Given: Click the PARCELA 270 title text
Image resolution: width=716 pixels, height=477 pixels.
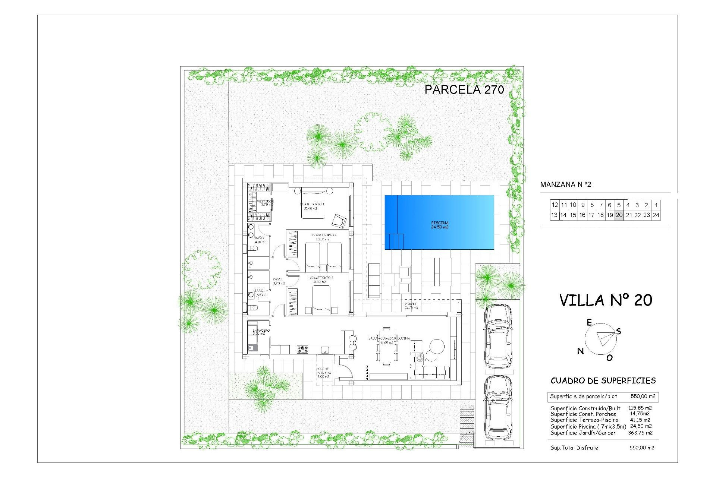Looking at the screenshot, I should pos(464,89).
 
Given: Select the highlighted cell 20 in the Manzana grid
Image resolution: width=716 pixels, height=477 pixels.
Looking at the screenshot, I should pos(619,215).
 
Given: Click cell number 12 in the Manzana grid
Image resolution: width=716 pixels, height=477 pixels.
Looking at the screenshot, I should pos(555,205).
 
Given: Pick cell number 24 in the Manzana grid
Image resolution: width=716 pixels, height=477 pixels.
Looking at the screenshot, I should pos(656,215).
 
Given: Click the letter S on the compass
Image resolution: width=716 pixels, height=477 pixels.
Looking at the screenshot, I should pos(619,331).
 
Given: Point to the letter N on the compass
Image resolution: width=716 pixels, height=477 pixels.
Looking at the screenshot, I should pos(580,351).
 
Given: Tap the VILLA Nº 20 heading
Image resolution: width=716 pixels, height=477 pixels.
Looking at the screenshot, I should pos(606,300).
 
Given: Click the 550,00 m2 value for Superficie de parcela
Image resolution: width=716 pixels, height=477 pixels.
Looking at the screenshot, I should pos(643,397).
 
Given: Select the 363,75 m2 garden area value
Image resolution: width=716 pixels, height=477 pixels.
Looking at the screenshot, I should pos(640,433).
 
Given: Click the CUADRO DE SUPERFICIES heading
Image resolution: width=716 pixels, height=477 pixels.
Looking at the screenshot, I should pos(603,380).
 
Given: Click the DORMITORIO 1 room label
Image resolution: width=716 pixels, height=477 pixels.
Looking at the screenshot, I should pos(312,204).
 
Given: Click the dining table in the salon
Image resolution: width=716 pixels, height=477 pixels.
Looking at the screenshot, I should pos(387,346).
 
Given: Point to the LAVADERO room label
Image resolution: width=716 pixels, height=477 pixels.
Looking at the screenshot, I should pos(261,331).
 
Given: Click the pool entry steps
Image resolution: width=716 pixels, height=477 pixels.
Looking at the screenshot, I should pos(395,241).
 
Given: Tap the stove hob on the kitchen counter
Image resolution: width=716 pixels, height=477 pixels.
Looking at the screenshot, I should pos(302,350).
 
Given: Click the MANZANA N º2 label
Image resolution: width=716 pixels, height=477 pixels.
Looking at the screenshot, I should pos(565,184).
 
